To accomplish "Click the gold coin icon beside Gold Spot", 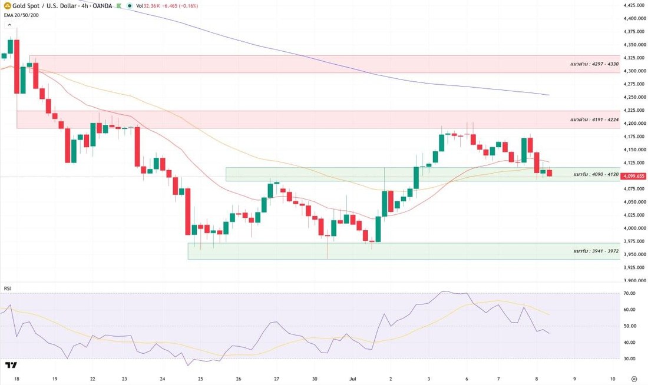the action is pyautogui.click(x=8, y=6).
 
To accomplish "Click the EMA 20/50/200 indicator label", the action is pyautogui.click(x=21, y=15).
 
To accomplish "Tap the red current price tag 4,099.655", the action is pyautogui.click(x=634, y=176).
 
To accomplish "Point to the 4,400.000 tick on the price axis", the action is pyautogui.click(x=635, y=18).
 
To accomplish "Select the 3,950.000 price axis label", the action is pyautogui.click(x=635, y=254).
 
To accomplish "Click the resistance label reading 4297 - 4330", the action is pyautogui.click(x=594, y=64).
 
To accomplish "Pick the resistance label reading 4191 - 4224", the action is pyautogui.click(x=594, y=120).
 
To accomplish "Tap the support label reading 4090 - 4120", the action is pyautogui.click(x=596, y=174).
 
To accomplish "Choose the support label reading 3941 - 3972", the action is pyautogui.click(x=596, y=251).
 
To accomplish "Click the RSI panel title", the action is pyautogui.click(x=8, y=288).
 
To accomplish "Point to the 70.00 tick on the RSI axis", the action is pyautogui.click(x=629, y=293).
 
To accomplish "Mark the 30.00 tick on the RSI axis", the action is pyautogui.click(x=629, y=359).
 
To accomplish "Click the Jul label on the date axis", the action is pyautogui.click(x=352, y=379).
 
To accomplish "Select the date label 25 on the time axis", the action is pyautogui.click(x=200, y=379).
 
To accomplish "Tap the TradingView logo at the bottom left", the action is pyautogui.click(x=11, y=365).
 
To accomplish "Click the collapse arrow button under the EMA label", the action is pyautogui.click(x=9, y=25).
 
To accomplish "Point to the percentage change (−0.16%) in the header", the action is pyautogui.click(x=189, y=6).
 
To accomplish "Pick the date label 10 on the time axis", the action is pyautogui.click(x=613, y=379).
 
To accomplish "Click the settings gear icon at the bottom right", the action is pyautogui.click(x=634, y=379).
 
